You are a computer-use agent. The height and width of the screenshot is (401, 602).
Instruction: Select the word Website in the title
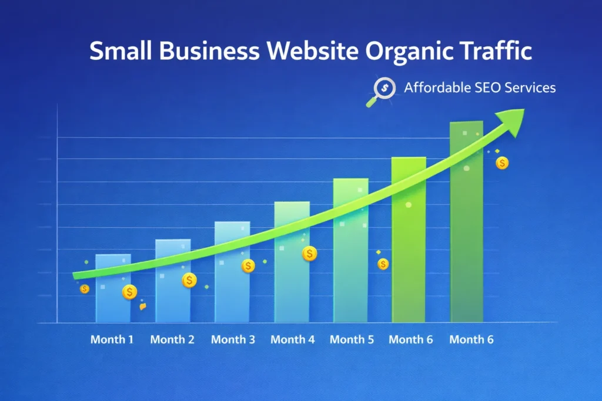[310, 52]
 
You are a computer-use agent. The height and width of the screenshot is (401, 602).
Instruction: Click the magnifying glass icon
[383, 90]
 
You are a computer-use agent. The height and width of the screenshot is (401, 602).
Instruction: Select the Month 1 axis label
[112, 339]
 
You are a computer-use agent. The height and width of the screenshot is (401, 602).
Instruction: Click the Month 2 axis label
[172, 339]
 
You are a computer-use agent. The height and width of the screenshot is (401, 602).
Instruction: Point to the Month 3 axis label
[233, 339]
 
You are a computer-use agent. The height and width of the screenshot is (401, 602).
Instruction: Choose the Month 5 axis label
[352, 339]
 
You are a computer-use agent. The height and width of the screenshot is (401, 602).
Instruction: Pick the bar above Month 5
[350, 258]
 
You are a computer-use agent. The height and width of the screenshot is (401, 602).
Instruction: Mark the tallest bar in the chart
[466, 235]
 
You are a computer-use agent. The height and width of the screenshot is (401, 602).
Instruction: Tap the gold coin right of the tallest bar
[502, 163]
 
